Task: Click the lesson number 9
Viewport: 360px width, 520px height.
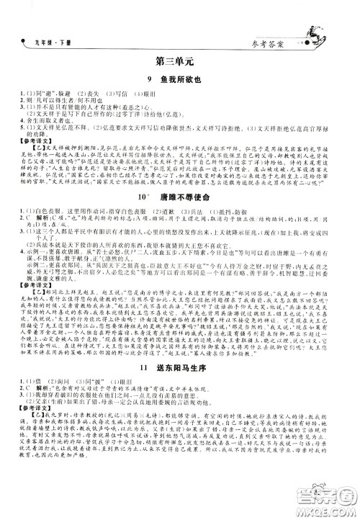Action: (x=149, y=82)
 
